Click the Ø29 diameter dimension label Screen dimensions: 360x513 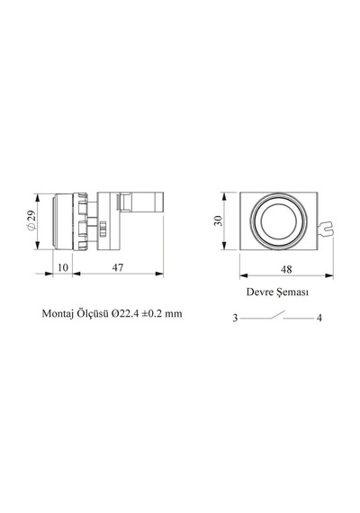31,220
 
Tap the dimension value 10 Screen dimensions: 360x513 63,267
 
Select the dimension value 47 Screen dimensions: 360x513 118,267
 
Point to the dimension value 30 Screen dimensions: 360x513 219,220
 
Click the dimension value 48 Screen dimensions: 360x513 286,269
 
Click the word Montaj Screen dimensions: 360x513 58,314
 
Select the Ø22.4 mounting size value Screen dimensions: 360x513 125,314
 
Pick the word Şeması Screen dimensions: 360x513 292,292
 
